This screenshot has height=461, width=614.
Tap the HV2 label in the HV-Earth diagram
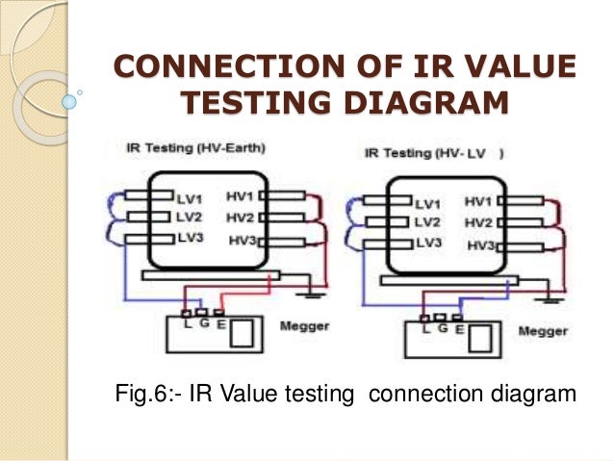tap(240, 217)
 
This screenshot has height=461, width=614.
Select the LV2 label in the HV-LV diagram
tap(427, 222)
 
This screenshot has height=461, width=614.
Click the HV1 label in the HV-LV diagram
tap(478, 201)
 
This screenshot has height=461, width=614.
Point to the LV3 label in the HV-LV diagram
tap(427, 243)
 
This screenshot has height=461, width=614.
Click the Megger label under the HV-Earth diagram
tap(304, 326)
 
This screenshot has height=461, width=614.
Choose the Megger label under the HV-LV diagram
tap(543, 331)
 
